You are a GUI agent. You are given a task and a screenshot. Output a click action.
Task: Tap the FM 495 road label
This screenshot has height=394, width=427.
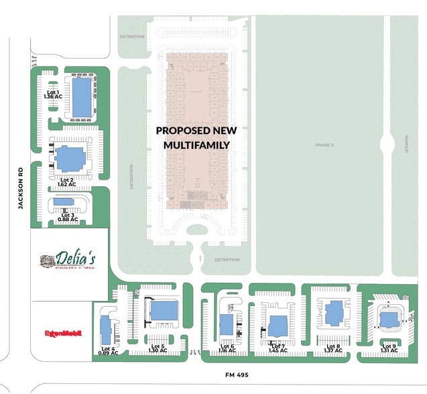coord(237,375)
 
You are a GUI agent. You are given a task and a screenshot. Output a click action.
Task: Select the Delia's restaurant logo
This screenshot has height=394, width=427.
coord(67,259)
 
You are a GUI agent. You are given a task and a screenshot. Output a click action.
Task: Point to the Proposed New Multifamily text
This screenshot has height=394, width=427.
coord(193,137)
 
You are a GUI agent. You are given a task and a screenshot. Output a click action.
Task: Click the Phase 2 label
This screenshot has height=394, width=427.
coord(324,145)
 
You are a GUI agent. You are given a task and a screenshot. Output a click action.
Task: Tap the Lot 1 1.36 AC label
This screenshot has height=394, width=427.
coord(52,94)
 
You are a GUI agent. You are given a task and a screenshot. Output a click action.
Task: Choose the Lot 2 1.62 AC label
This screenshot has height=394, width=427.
coord(66,182)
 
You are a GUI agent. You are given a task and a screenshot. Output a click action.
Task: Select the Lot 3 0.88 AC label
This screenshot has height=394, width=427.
coord(68,216)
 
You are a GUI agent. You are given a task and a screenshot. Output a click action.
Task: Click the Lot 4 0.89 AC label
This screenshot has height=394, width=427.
coord(109,350)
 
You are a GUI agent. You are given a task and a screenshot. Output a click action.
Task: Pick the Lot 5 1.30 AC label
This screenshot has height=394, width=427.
coord(158,348)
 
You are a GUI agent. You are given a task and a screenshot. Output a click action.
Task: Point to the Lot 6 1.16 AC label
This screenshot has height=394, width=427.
coord(227,348)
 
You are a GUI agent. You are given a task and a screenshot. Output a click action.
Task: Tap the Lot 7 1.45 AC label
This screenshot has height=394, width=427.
coord(278,348)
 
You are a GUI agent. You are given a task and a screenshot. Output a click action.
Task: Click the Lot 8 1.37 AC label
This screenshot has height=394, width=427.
coord(333,348)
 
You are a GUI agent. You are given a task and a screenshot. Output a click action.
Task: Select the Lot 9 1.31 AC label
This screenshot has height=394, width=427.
coord(389,348)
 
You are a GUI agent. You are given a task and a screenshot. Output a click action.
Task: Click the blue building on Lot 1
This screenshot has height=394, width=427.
coord(81,96)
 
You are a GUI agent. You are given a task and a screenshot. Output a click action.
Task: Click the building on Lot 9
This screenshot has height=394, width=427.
coord(389,318)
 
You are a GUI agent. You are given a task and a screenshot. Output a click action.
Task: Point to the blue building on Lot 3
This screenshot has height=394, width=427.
coord(64,202)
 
